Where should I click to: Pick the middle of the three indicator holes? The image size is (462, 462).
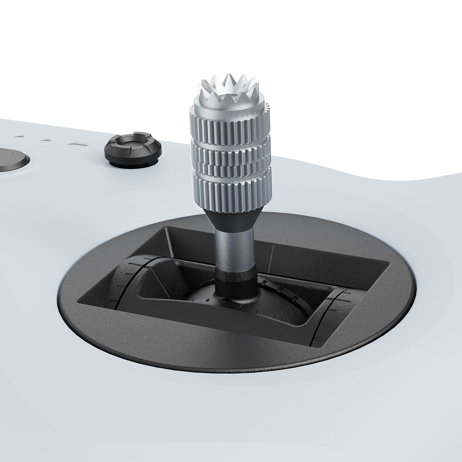point(45,141)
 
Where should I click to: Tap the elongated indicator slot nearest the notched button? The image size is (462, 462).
point(76,144)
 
